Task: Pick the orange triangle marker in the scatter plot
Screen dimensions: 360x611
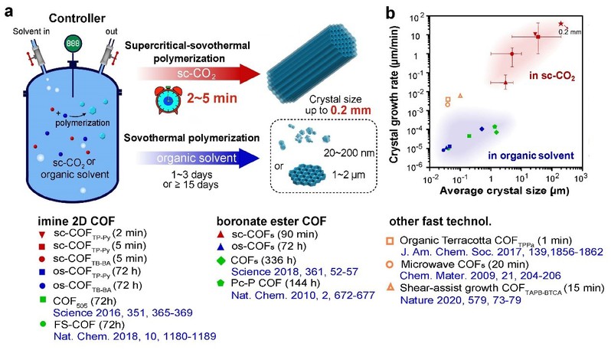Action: coord(459,96)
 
